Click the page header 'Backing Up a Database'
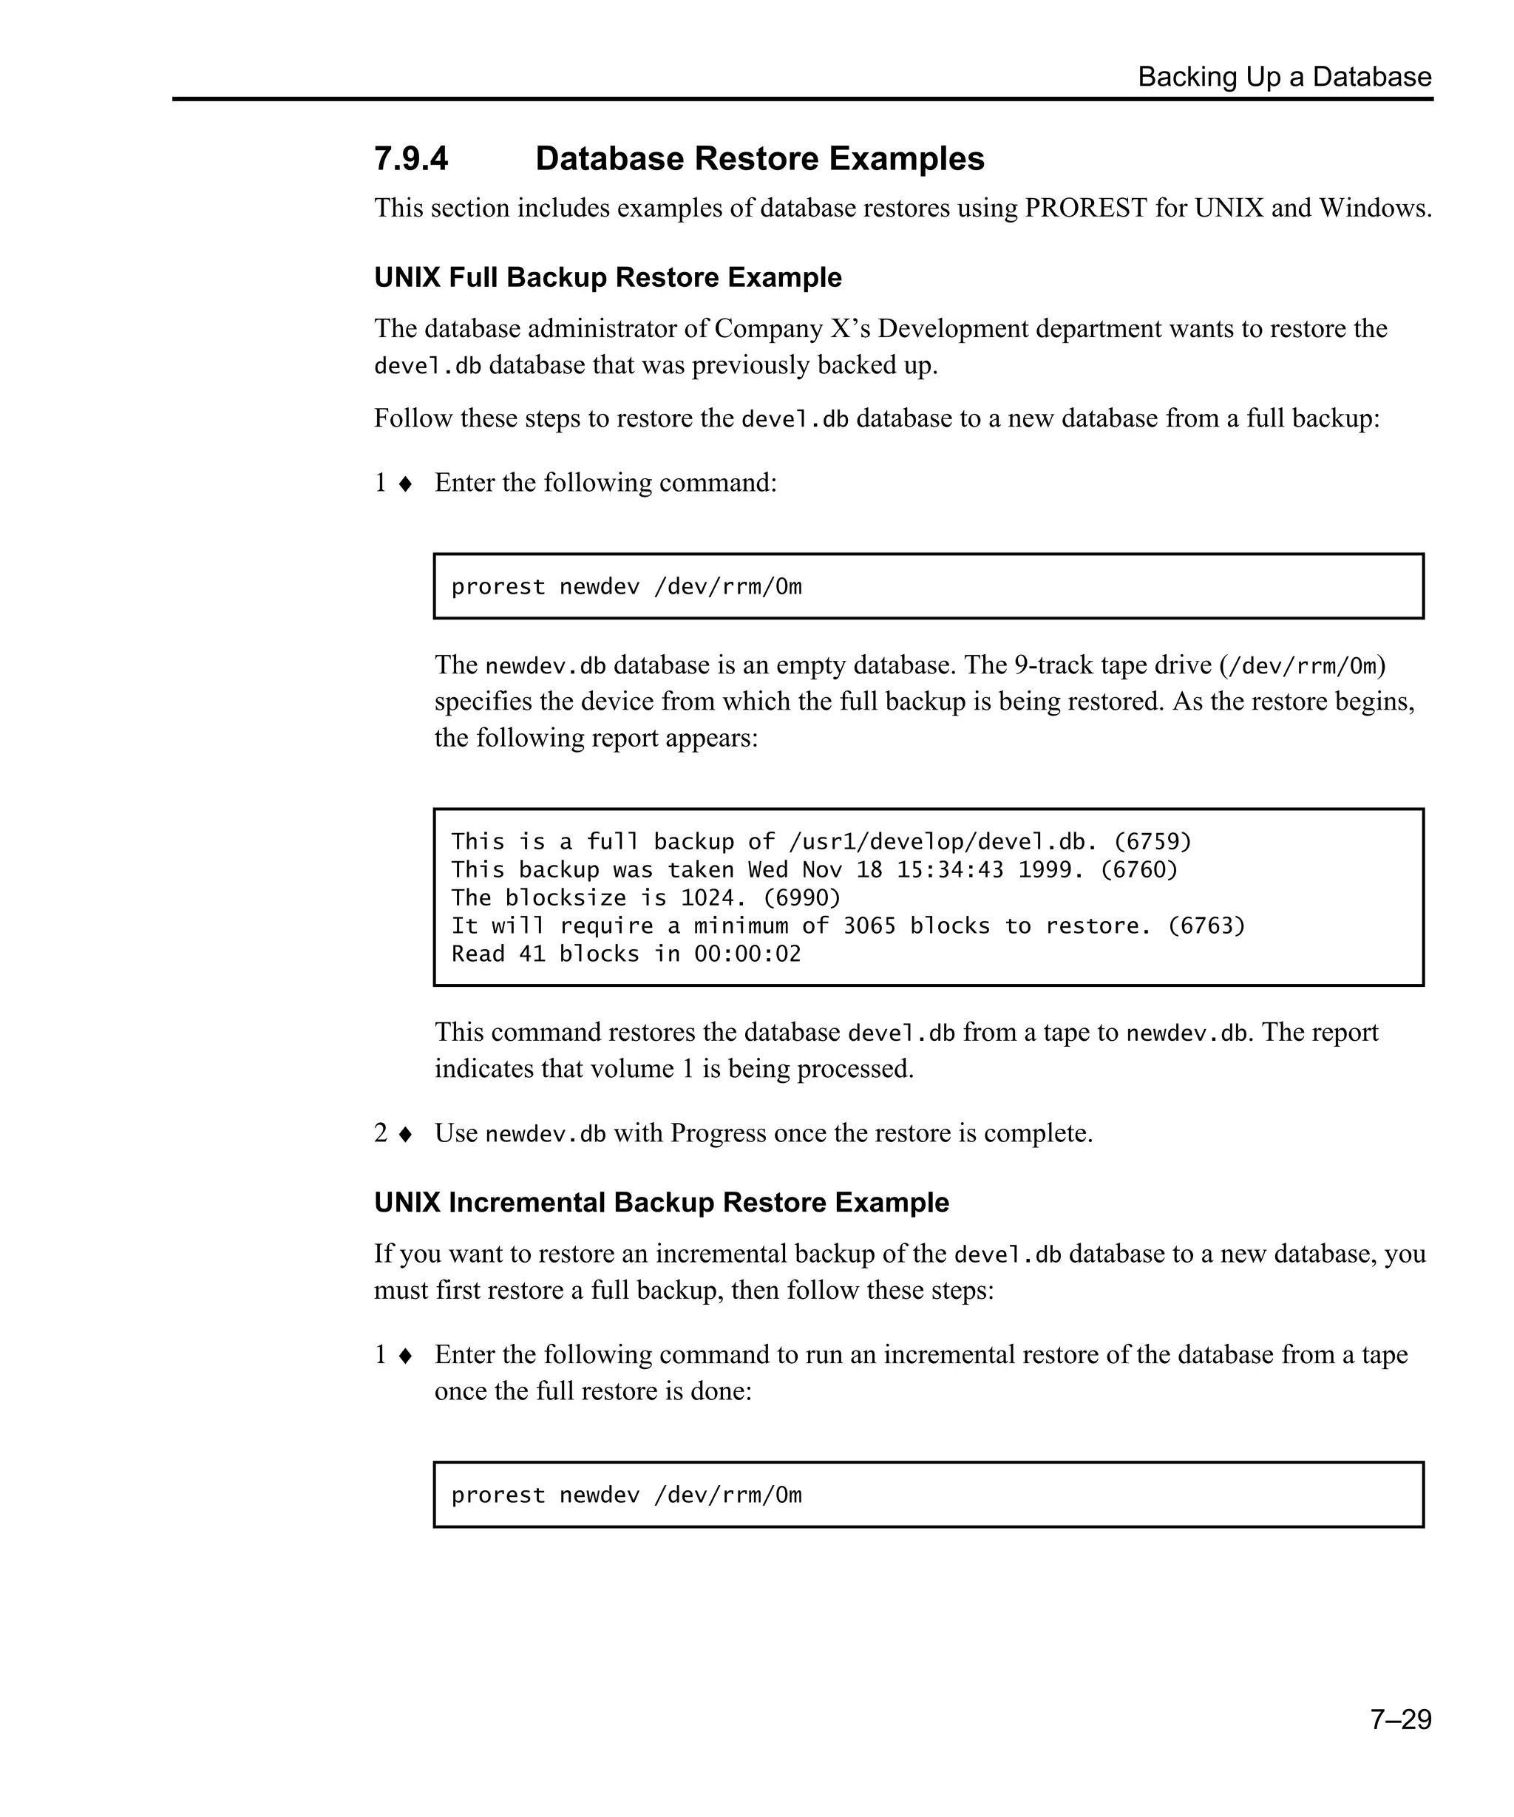pyautogui.click(x=1284, y=77)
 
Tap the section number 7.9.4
pyautogui.click(x=411, y=159)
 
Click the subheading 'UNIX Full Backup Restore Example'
pyautogui.click(x=608, y=278)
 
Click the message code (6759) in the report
pyautogui.click(x=1152, y=842)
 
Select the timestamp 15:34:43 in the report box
pyautogui.click(x=949, y=869)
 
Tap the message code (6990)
pyautogui.click(x=801, y=898)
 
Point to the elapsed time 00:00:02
pyautogui.click(x=747, y=954)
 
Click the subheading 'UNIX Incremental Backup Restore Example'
pyautogui.click(x=661, y=1203)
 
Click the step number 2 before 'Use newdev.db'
pyautogui.click(x=381, y=1133)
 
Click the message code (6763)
pyautogui.click(x=1206, y=926)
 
